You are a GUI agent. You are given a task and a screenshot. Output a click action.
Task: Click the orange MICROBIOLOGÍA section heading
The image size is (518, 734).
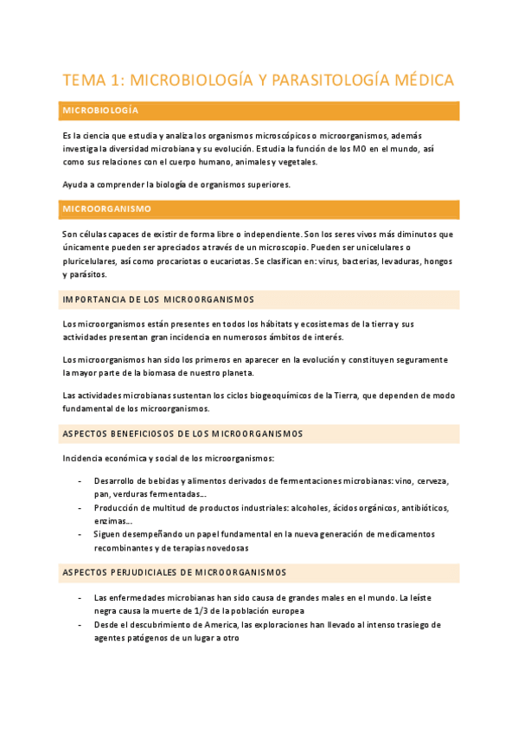coord(100,111)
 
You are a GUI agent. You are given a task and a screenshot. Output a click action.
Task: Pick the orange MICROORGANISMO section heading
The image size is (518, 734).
coord(106,209)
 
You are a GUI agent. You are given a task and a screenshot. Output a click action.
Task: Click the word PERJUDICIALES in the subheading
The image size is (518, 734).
coord(169,572)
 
